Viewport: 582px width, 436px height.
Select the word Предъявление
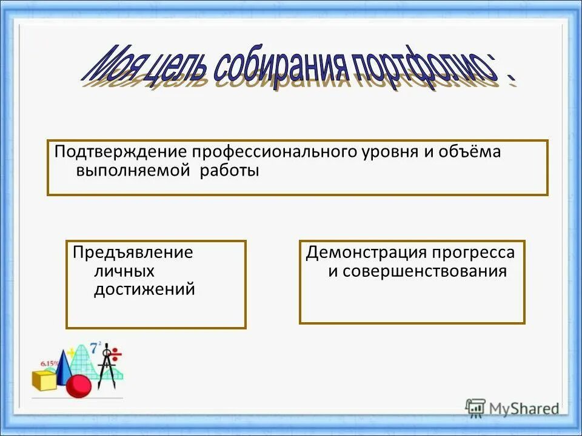[133, 252]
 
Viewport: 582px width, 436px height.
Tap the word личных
[124, 271]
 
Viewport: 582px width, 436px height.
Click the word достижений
[144, 289]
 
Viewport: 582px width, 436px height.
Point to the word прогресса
[473, 252]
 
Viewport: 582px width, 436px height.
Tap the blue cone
[65, 366]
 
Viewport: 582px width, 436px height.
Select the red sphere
[78, 386]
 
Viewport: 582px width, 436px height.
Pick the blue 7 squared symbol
[95, 348]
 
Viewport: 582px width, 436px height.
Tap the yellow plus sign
[72, 351]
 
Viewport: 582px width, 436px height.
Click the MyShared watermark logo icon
[476, 408]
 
